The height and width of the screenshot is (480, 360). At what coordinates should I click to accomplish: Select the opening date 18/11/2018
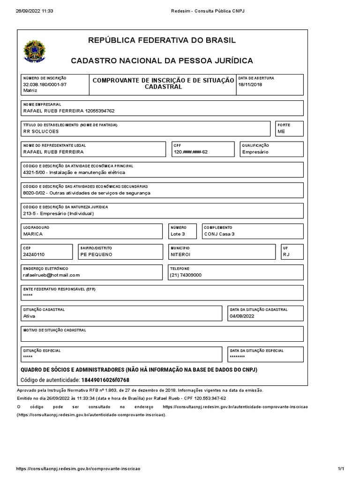point(251,84)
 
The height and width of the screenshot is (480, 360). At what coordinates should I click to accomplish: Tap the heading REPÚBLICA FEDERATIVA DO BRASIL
point(162,40)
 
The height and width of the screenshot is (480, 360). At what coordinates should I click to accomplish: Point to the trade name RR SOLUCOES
point(41,132)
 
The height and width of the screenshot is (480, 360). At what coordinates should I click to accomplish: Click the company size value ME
point(281,132)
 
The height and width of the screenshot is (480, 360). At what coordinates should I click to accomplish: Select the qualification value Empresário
point(256,152)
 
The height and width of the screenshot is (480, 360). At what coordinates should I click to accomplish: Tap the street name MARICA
point(33,233)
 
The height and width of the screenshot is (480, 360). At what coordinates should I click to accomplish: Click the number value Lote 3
point(178,233)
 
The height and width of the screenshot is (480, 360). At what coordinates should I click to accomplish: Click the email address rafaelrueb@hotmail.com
point(52,275)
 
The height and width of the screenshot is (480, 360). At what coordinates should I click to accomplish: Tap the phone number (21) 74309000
point(186,275)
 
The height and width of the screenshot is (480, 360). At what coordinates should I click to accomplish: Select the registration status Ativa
point(30,316)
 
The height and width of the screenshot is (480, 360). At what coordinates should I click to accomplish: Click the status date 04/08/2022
point(242,316)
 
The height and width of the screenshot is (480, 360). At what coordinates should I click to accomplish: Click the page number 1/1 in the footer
point(341,468)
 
